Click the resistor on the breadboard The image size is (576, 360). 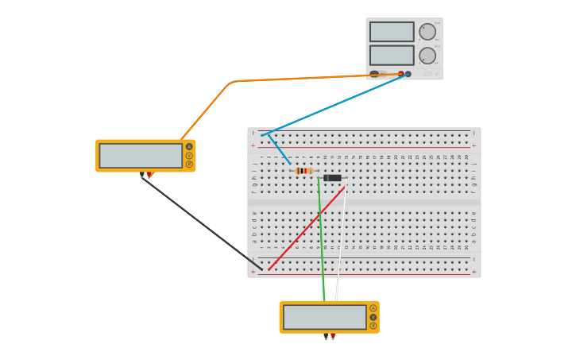click(x=303, y=171)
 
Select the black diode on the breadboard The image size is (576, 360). click(x=332, y=178)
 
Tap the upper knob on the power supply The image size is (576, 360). click(x=427, y=32)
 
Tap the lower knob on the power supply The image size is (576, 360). click(x=427, y=56)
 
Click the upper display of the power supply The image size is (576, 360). click(x=392, y=32)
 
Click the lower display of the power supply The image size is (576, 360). click(x=392, y=55)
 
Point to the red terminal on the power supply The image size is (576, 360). click(x=401, y=74)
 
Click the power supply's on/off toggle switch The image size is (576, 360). click(x=374, y=74)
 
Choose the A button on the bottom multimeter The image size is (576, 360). click(x=373, y=308)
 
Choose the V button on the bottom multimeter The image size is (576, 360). click(x=373, y=316)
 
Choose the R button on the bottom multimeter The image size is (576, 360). click(x=373, y=325)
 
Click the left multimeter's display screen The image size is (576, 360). click(x=141, y=155)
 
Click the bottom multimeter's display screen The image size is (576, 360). click(x=324, y=317)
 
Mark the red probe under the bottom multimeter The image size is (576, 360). click(x=333, y=337)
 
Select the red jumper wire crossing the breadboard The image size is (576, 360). click(x=306, y=228)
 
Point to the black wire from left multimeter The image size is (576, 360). click(x=199, y=222)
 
